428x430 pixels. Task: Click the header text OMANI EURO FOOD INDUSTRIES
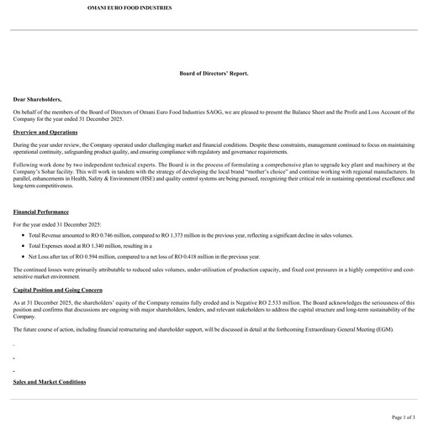[x=129, y=7]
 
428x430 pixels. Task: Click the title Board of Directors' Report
[x=214, y=73]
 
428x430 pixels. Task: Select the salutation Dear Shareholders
[x=37, y=99]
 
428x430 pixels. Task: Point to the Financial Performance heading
[x=41, y=212]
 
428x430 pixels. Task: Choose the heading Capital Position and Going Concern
[x=57, y=289]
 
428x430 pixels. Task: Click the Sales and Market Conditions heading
[x=50, y=382]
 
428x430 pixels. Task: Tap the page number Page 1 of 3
[x=404, y=417]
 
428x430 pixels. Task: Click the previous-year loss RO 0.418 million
[x=191, y=256]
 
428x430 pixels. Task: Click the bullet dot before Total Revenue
[x=21, y=236]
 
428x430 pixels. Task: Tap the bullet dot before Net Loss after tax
[x=21, y=256]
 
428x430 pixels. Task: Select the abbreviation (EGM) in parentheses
[x=383, y=329]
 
